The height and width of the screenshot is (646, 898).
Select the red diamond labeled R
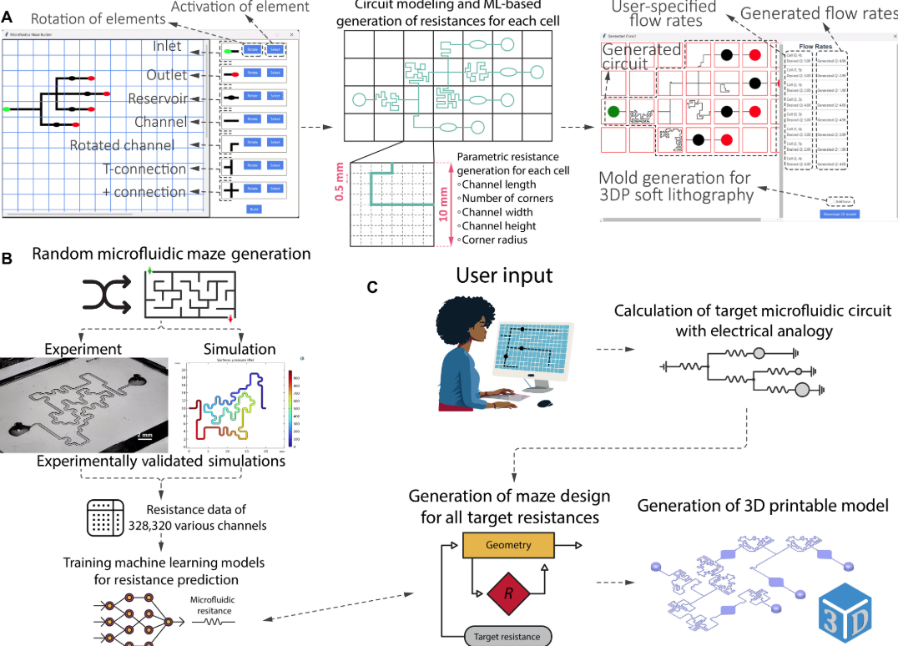pos(507,593)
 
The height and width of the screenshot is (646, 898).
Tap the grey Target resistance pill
pos(507,636)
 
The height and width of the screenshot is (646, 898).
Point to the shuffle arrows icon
pos(105,295)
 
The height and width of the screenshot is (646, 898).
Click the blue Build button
pos(254,209)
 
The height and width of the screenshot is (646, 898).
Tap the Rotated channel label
pos(122,145)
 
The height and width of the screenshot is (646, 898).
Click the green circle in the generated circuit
pos(614,110)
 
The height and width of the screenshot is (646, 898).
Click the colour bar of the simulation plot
pos(290,406)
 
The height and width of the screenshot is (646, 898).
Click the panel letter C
pos(372,287)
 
